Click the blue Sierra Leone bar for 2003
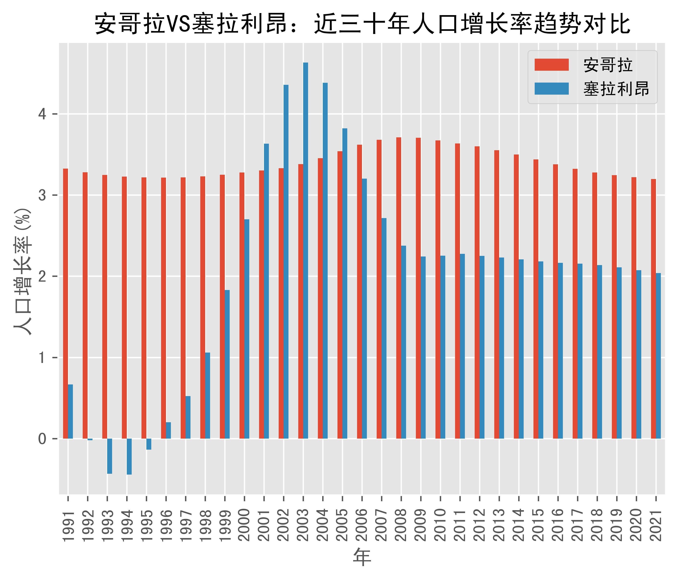point(306,251)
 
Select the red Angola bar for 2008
point(399,288)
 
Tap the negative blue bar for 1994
point(129,457)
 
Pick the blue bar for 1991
point(70,411)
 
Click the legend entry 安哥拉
point(608,65)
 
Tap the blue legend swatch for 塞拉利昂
point(552,89)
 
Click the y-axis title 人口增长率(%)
point(23,272)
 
